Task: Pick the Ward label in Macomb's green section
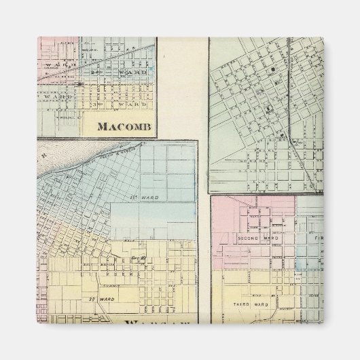(54, 96)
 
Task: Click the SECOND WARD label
(254, 238)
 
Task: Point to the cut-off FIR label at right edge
(318, 239)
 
